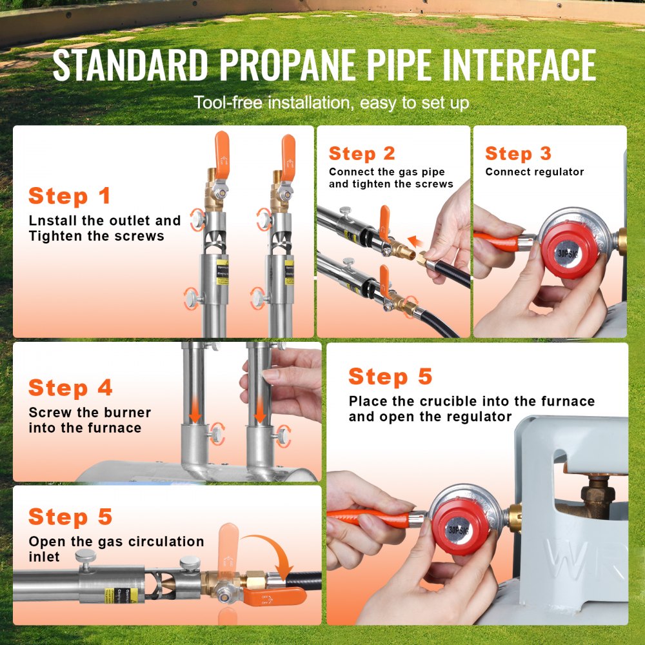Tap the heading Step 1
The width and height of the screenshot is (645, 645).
click(70, 196)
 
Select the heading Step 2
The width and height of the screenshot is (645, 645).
click(362, 154)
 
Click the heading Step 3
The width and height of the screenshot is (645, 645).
click(519, 154)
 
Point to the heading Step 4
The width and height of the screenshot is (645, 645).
click(70, 388)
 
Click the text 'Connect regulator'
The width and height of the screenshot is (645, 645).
click(535, 172)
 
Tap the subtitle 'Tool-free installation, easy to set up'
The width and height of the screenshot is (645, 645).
click(332, 103)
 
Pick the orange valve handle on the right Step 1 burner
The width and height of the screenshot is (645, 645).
click(288, 157)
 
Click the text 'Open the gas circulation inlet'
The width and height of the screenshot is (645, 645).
click(116, 548)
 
